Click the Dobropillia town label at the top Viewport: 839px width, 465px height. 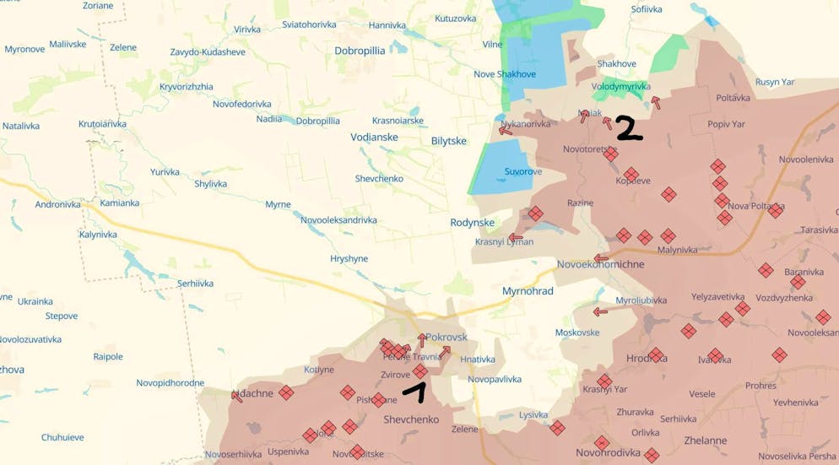(360, 51)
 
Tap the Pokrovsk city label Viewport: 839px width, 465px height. (447, 337)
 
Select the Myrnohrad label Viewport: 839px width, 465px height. (528, 291)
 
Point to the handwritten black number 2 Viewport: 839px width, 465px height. (629, 128)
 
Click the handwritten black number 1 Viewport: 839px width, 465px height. (416, 392)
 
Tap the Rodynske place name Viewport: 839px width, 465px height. (473, 223)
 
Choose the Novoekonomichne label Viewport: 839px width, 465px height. (600, 264)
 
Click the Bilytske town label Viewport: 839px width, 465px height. (449, 141)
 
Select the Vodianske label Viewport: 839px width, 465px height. (374, 137)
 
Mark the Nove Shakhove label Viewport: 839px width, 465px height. (505, 74)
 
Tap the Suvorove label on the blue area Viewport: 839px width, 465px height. (523, 172)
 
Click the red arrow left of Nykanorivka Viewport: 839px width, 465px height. (506, 130)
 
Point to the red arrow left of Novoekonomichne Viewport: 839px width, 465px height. (601, 258)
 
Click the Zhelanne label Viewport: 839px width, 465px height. (706, 441)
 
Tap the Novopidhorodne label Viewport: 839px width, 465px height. (171, 383)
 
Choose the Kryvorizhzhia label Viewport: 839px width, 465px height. (187, 87)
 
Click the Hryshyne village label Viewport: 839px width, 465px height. (349, 259)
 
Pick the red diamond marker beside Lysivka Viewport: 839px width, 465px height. (557, 429)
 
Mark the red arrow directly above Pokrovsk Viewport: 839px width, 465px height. (422, 341)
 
